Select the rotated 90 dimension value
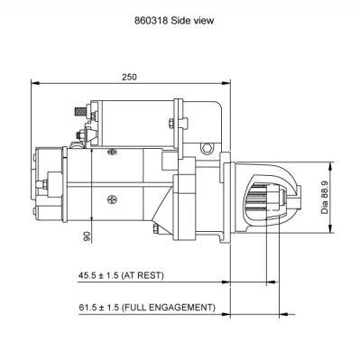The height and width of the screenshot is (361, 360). click(86, 236)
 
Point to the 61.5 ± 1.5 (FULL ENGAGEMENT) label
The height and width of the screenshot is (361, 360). click(147, 307)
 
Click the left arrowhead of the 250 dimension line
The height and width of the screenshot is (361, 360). click(35, 84)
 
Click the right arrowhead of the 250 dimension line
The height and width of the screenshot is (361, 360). click(227, 84)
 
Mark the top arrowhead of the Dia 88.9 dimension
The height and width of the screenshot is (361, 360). click(337, 165)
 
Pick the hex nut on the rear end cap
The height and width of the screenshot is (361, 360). click(41, 186)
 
